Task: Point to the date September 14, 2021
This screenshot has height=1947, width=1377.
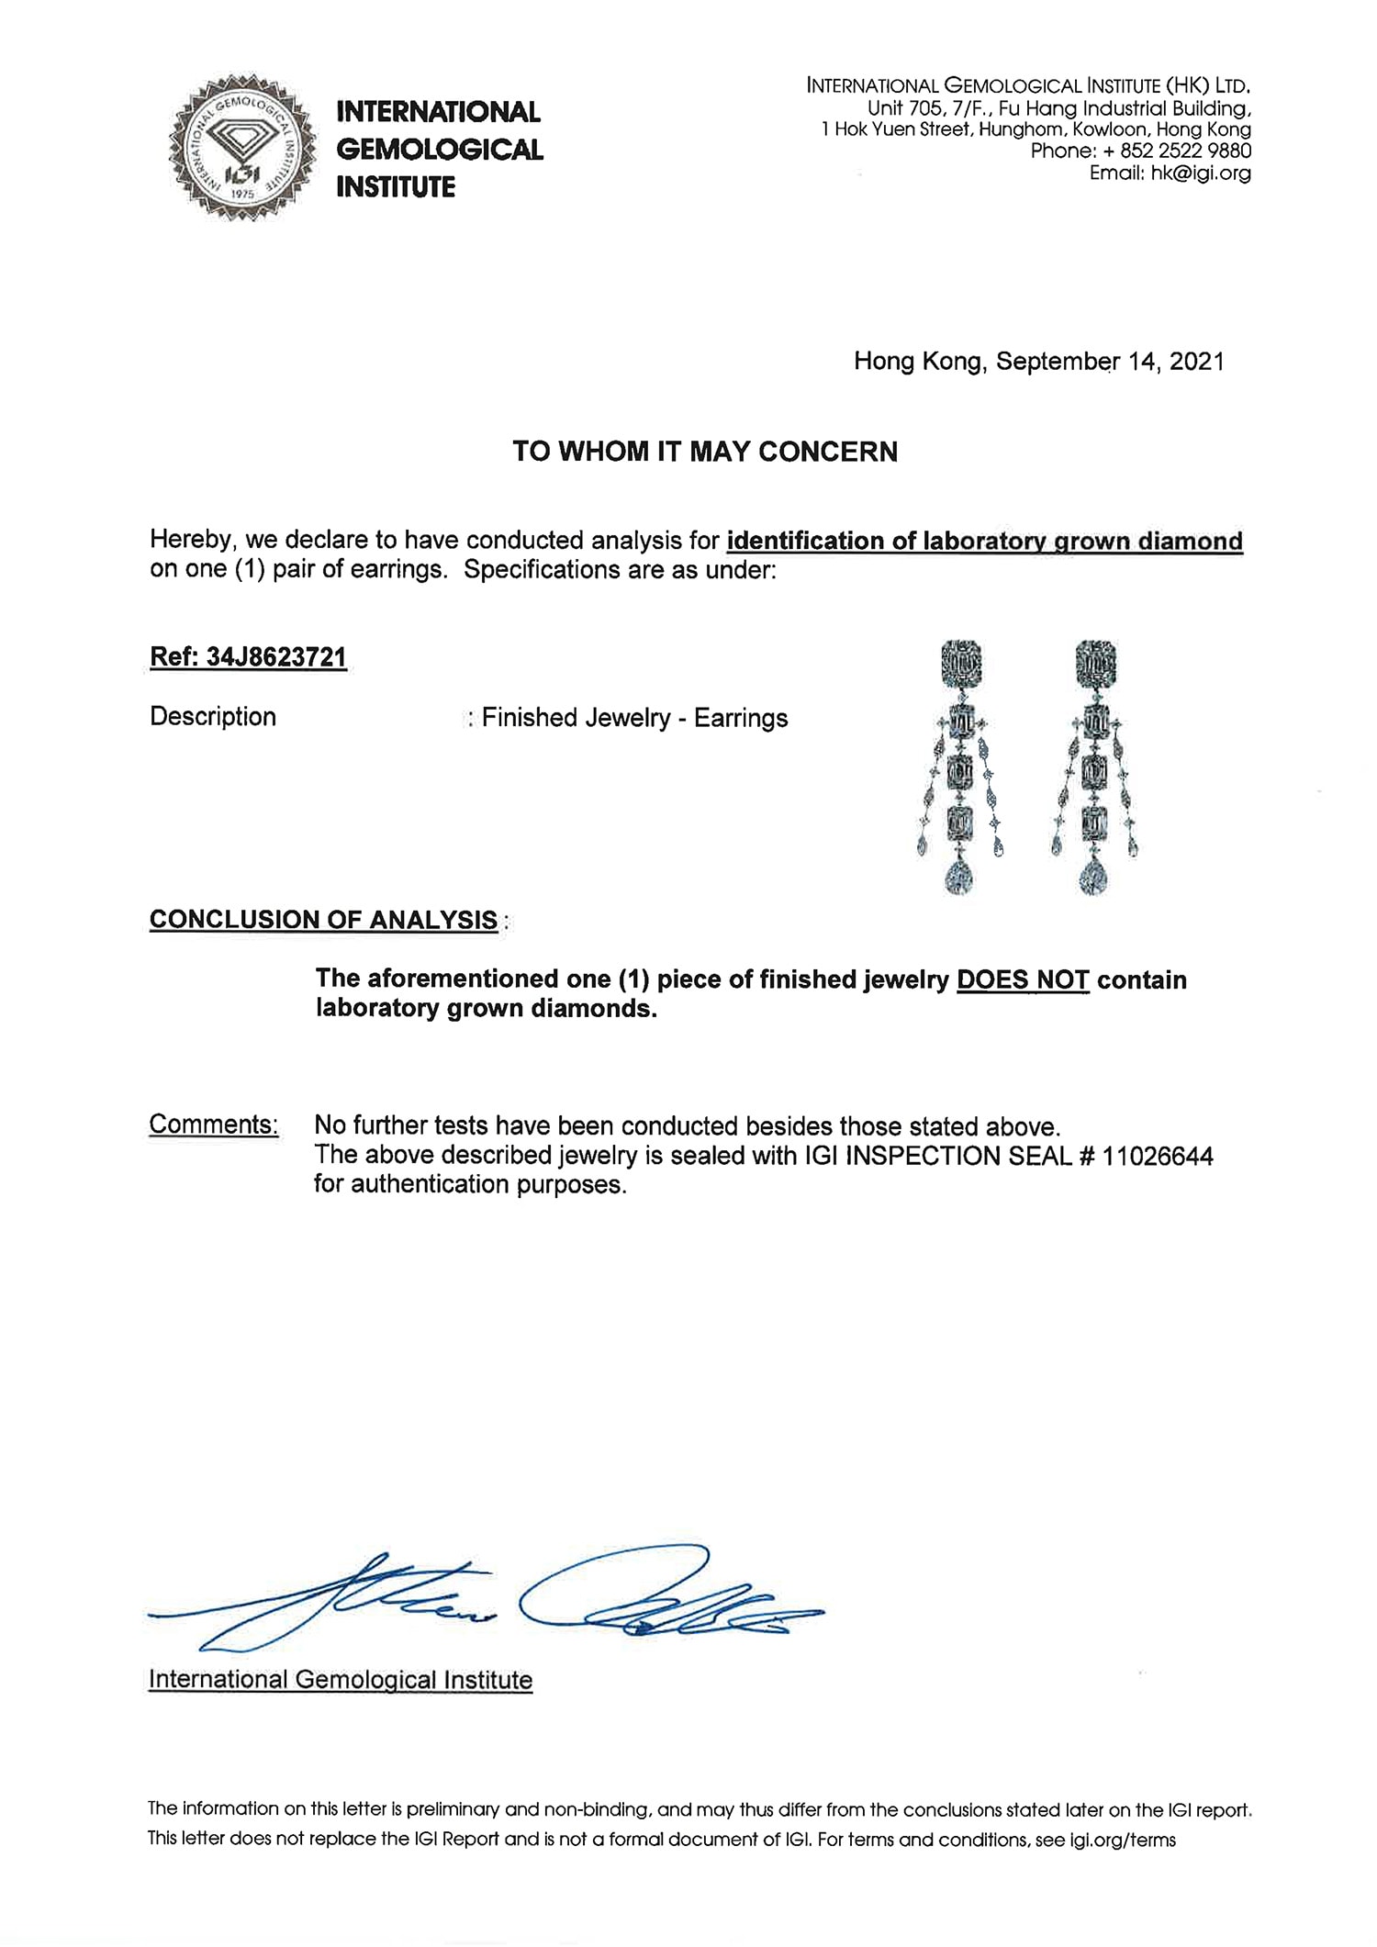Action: [1110, 361]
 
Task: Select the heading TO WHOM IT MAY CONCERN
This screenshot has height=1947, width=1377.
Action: [704, 452]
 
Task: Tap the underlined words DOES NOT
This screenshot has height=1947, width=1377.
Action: [1022, 979]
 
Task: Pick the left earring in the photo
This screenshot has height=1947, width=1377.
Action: [961, 766]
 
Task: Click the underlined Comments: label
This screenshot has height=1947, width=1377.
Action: [213, 1125]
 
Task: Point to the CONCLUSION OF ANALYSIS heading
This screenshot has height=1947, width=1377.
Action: [323, 920]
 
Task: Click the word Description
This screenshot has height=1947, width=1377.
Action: [213, 717]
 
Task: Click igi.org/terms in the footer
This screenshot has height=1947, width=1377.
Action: [1122, 1840]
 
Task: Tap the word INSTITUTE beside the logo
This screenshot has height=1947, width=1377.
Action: [396, 187]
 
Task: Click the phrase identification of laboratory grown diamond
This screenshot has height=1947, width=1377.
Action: [983, 541]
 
